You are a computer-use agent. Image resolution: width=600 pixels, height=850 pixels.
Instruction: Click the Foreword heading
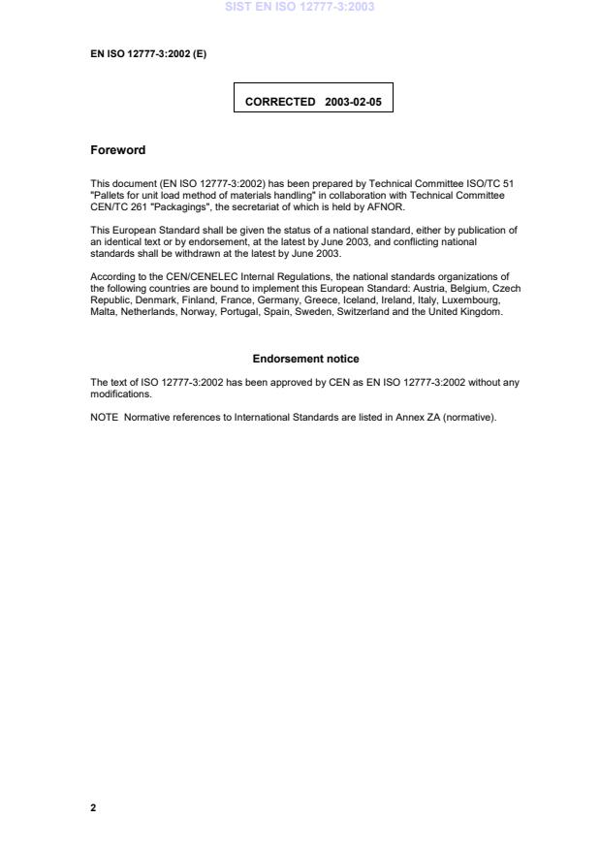[x=117, y=150]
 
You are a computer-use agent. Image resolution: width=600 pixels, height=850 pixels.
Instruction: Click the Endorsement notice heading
[x=305, y=359]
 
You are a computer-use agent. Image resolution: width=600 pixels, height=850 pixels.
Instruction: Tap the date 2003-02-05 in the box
[x=354, y=101]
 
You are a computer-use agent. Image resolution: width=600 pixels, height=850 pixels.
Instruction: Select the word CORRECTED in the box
[x=280, y=101]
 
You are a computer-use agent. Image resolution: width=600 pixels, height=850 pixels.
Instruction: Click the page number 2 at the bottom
[x=93, y=807]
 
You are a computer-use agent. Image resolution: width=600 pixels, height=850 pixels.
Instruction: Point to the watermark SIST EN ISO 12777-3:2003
[x=300, y=7]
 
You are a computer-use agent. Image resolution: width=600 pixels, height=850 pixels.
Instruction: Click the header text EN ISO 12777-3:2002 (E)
[x=148, y=53]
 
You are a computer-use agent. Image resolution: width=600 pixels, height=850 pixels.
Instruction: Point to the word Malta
[x=103, y=313]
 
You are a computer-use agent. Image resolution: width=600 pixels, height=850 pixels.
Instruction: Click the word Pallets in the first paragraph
[x=110, y=195]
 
